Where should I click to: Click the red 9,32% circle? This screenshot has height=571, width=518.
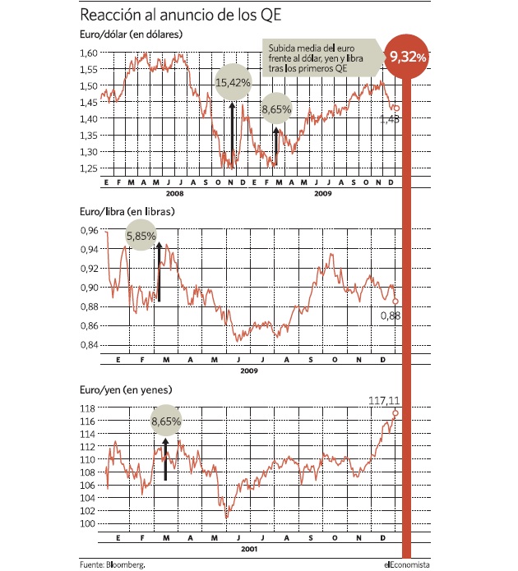pyautogui.click(x=406, y=57)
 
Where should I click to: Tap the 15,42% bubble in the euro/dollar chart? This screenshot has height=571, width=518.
pyautogui.click(x=233, y=82)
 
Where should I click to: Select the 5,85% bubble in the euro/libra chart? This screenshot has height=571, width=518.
pyautogui.click(x=141, y=236)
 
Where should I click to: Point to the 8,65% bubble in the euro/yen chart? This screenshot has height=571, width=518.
pyautogui.click(x=166, y=421)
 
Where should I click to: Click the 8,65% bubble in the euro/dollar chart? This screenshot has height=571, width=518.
pyautogui.click(x=277, y=108)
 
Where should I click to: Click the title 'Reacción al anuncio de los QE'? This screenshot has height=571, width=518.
pyautogui.click(x=180, y=15)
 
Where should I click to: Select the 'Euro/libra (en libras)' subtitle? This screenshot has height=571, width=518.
pyautogui.click(x=127, y=212)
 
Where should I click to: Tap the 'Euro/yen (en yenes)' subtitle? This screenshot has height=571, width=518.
pyautogui.click(x=126, y=389)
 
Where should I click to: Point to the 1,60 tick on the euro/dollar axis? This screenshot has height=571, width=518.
pyautogui.click(x=89, y=53)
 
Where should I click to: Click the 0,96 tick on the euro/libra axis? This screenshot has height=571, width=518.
pyautogui.click(x=90, y=230)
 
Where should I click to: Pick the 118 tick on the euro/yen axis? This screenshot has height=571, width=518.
pyautogui.click(x=87, y=408)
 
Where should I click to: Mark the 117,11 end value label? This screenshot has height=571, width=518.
pyautogui.click(x=384, y=401)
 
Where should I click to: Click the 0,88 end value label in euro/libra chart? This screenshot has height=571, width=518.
pyautogui.click(x=391, y=315)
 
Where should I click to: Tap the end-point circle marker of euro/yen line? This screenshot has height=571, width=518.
pyautogui.click(x=395, y=413)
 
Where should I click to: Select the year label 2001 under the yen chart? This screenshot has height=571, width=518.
pyautogui.click(x=249, y=549)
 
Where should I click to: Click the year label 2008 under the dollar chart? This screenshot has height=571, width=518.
pyautogui.click(x=174, y=193)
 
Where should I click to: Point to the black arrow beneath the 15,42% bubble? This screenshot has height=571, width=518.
pyautogui.click(x=232, y=135)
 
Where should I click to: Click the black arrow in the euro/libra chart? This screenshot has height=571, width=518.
pyautogui.click(x=159, y=271)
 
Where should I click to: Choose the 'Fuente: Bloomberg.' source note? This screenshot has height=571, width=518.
pyautogui.click(x=113, y=564)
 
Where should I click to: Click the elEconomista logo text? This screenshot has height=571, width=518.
pyautogui.click(x=407, y=564)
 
